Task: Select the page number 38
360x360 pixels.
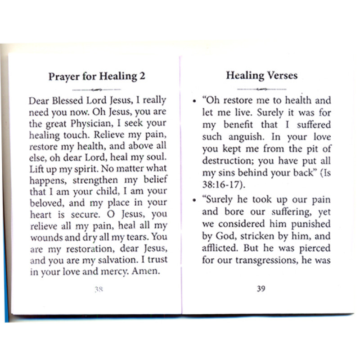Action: click(x=99, y=290)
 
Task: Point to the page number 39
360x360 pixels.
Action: click(x=261, y=289)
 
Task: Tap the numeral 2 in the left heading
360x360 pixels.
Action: click(x=142, y=76)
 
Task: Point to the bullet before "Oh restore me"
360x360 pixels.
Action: click(x=193, y=101)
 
